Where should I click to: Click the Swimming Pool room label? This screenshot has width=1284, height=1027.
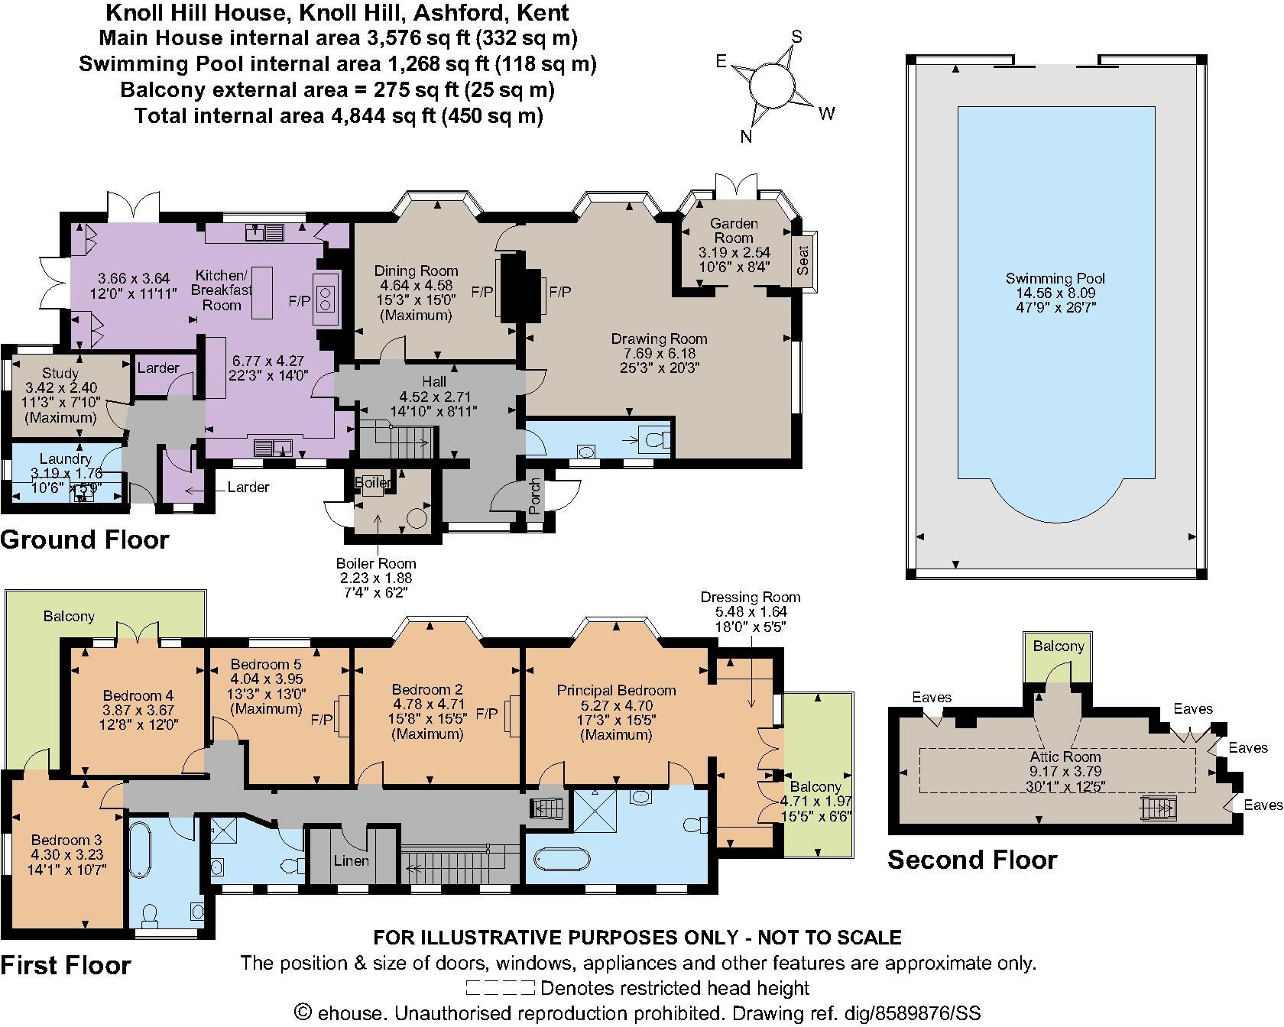[x=1055, y=279]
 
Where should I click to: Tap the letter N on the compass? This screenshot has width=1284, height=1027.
[x=747, y=137]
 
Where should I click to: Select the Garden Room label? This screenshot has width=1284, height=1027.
[x=734, y=231]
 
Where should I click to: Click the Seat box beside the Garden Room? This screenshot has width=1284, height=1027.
[x=803, y=260]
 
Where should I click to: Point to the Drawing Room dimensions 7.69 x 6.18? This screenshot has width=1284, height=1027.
[x=659, y=353]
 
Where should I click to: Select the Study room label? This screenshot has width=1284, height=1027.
[x=60, y=374]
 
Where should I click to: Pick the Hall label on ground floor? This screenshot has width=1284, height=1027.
[x=433, y=381]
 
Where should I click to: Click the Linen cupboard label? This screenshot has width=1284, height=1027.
[x=352, y=860]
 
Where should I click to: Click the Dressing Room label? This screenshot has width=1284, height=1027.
[x=750, y=598]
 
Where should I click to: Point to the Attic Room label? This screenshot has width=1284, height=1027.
[x=1065, y=757]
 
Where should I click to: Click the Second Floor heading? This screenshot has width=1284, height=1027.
[x=972, y=860]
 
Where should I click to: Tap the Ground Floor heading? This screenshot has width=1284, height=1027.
[x=85, y=539]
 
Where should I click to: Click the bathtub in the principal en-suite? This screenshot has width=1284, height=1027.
[x=562, y=858]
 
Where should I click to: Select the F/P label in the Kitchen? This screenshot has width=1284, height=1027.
[x=299, y=300]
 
